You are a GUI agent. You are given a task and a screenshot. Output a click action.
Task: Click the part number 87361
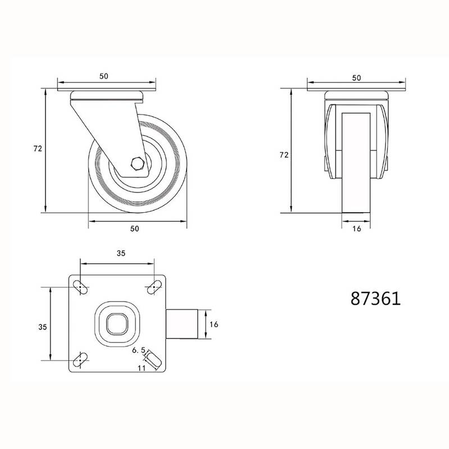[x=375, y=299]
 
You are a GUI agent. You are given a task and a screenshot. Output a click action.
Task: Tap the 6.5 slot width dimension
[x=139, y=350]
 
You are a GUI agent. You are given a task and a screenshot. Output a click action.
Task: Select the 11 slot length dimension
[x=142, y=368]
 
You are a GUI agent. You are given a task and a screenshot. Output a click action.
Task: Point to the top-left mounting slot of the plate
[x=80, y=287]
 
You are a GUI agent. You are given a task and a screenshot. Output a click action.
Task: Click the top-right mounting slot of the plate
[x=155, y=287]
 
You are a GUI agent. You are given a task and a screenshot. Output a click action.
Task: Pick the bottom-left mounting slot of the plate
[x=80, y=360]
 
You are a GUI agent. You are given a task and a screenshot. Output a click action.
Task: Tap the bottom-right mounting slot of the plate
[x=155, y=360]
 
